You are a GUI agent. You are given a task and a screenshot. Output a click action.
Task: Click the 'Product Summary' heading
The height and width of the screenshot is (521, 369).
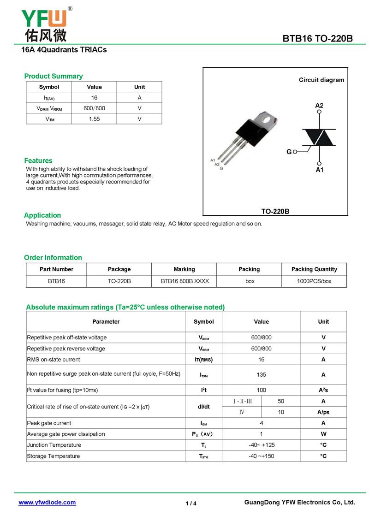click(54, 76)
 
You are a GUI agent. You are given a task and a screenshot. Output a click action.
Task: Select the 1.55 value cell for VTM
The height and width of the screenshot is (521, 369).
click(94, 119)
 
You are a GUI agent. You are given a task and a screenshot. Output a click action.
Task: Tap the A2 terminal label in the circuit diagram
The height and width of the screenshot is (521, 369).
click(319, 106)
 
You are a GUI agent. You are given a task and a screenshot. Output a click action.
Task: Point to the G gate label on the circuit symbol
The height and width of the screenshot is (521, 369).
click(289, 152)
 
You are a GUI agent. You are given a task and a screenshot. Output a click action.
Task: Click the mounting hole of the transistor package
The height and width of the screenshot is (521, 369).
click(266, 119)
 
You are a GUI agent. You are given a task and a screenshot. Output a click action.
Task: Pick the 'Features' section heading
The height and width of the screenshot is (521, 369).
click(38, 160)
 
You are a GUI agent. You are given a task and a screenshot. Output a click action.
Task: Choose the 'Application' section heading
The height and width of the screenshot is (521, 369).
click(42, 215)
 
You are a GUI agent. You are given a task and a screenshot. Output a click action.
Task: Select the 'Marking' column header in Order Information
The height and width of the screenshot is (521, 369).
click(184, 269)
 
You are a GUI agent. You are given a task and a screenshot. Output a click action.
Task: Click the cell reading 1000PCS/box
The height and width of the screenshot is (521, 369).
click(314, 281)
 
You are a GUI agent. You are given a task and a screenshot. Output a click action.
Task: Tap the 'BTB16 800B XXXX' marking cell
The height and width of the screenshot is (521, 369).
click(184, 281)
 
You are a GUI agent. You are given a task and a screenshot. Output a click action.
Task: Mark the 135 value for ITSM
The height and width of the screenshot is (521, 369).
click(261, 375)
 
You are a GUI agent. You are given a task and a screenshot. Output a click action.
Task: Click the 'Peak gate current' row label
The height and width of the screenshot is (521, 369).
click(49, 423)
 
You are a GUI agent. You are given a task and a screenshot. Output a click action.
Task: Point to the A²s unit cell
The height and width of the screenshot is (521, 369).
click(323, 390)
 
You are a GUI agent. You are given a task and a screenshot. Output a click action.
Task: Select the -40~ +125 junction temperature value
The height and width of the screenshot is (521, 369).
click(261, 445)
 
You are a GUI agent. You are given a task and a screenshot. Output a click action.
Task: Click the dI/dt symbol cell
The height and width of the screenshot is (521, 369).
click(203, 407)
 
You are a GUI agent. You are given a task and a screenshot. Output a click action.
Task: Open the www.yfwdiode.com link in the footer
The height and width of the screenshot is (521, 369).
click(47, 503)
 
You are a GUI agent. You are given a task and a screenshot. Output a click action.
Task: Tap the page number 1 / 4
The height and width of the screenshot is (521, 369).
click(191, 503)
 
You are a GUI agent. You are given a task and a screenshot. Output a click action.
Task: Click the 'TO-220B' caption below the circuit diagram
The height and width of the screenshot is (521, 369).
click(275, 212)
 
